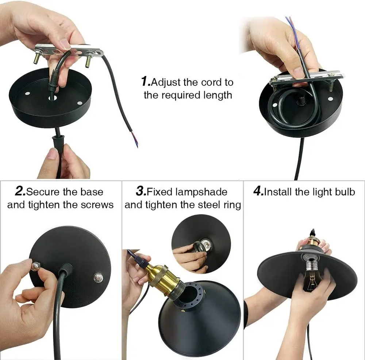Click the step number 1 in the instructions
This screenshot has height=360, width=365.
pyautogui.click(x=146, y=82)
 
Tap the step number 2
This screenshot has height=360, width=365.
pyautogui.click(x=20, y=192)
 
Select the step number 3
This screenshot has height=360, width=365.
pyautogui.click(x=141, y=192)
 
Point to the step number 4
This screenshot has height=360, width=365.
pyautogui.click(x=258, y=192)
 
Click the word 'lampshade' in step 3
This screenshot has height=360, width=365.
pyautogui.click(x=201, y=192)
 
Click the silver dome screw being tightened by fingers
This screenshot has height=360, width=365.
pyautogui.click(x=36, y=266)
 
